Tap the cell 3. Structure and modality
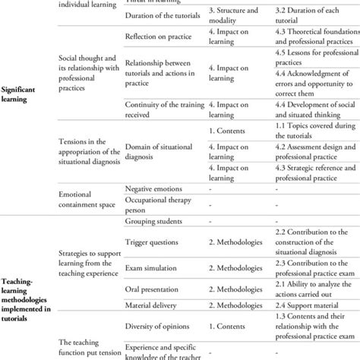pyautogui.click(x=236, y=17)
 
